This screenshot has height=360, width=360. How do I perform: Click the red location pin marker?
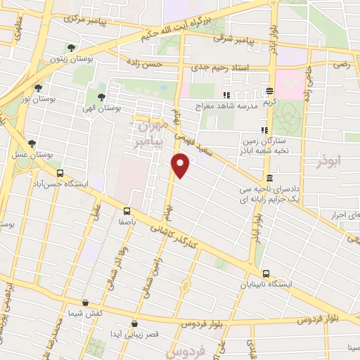181,166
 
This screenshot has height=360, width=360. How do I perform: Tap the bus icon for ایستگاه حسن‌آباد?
60,173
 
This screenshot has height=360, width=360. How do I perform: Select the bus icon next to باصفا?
127,210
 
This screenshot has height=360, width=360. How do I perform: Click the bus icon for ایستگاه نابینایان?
266,274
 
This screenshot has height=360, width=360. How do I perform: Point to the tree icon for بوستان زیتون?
71,48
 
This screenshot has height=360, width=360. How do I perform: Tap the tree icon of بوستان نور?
38,88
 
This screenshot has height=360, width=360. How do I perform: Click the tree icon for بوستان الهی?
102,97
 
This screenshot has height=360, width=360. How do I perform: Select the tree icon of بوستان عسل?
32,143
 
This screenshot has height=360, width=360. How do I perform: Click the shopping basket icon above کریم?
269,91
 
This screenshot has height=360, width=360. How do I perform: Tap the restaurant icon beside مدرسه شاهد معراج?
226,95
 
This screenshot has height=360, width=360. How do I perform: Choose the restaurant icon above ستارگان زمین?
264,130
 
